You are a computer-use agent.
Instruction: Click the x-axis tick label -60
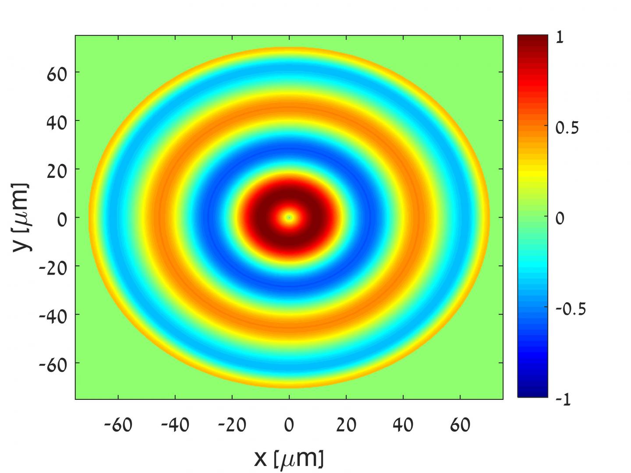tap(118, 425)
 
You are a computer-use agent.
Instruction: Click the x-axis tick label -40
tap(175, 425)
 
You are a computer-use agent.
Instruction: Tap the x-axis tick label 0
tap(289, 425)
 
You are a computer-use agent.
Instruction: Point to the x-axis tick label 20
tap(346, 425)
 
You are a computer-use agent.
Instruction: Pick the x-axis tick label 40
tap(403, 425)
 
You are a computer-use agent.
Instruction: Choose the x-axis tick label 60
tap(460, 425)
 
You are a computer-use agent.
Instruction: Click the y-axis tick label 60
tap(57, 74)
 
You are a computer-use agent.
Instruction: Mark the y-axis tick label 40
tap(57, 122)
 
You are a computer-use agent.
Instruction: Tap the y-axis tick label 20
tap(57, 170)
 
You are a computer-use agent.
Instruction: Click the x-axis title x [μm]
tap(289, 458)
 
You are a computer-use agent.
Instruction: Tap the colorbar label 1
tap(560, 38)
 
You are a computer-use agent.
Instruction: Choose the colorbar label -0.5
tap(570, 309)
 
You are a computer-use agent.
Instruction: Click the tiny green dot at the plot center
tap(289, 217)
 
